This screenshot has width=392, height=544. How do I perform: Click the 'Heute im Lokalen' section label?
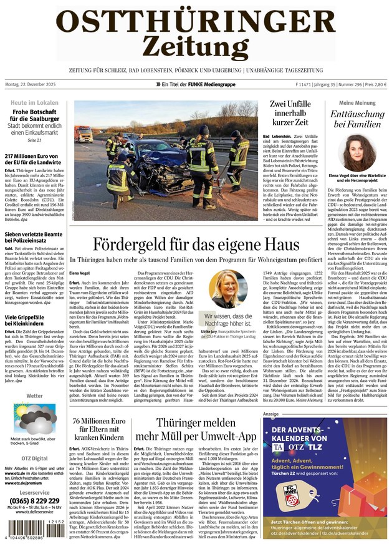click(35, 102)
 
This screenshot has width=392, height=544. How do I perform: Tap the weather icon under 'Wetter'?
click(34, 418)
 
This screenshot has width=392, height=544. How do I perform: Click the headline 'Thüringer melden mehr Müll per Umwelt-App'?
click(195, 427)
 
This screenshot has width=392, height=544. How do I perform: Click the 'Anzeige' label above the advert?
click(270, 414)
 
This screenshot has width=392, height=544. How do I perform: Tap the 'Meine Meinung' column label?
click(356, 102)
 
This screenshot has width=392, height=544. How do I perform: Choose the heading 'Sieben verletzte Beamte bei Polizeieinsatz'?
click(34, 240)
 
